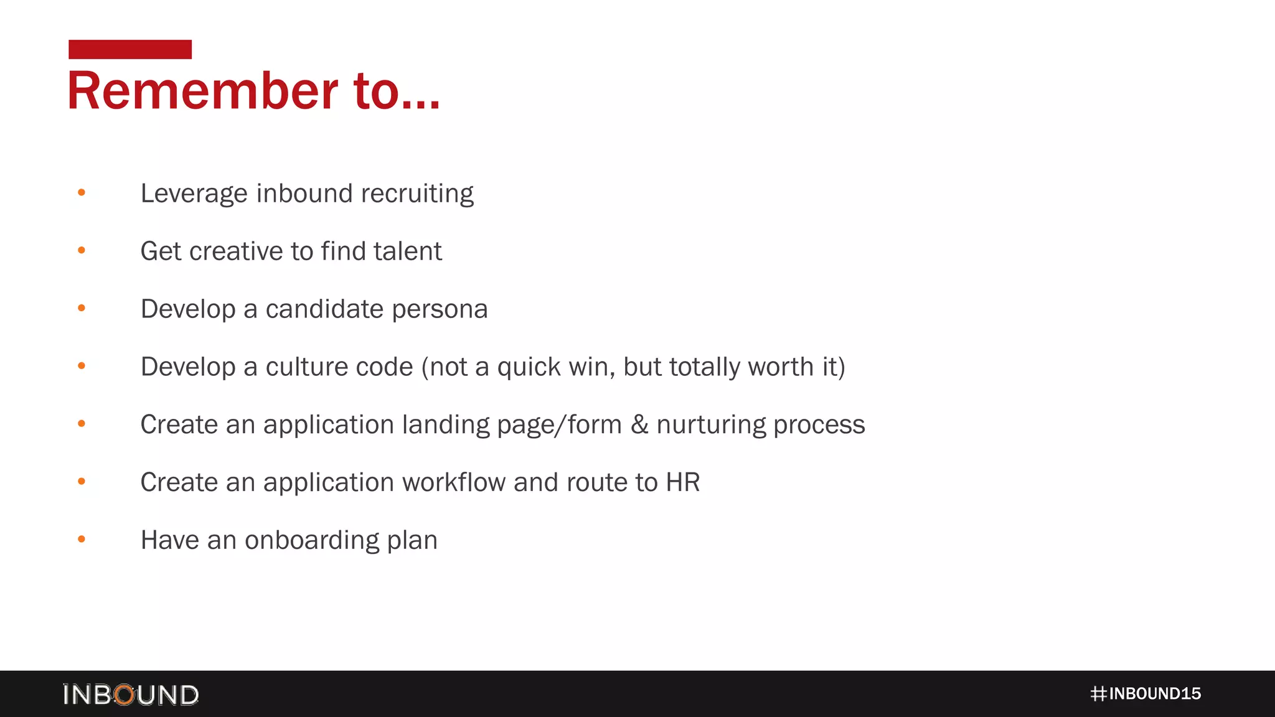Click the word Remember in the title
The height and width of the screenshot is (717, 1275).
coord(202,91)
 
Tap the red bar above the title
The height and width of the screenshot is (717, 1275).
coord(130,49)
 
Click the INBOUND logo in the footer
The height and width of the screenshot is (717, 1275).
coord(131,694)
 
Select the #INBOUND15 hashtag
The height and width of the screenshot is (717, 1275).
coord(1146,693)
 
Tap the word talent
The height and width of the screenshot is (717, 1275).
coord(407,251)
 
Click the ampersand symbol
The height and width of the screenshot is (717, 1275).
coord(639,424)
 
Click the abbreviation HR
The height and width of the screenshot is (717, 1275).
coord(683,482)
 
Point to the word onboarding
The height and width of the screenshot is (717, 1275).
coord(312,540)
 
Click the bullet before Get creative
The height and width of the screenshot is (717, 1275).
coord(82,251)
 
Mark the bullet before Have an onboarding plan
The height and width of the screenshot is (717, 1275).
coord(82,540)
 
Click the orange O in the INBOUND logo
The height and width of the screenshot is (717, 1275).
coord(125,695)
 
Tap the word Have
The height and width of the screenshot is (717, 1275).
coord(170,540)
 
